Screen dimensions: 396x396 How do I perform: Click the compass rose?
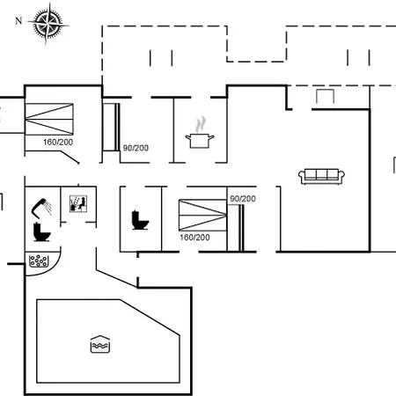tap(48, 23)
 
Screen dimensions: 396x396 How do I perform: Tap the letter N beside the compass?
tap(18, 21)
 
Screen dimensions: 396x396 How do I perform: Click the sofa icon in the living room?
tap(321, 176)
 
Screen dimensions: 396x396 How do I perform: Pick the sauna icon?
tap(78, 203)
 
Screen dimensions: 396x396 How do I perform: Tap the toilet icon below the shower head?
tap(42, 232)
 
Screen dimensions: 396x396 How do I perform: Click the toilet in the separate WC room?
tap(140, 220)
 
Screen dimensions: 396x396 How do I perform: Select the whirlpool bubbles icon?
tap(39, 260)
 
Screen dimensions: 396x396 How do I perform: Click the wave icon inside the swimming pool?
tap(100, 344)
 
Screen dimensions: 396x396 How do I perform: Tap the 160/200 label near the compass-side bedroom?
tap(58, 143)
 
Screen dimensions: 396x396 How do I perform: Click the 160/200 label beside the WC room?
tap(194, 238)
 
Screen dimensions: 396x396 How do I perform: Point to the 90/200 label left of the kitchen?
tap(136, 148)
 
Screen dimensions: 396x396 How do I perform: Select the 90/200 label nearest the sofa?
tap(243, 199)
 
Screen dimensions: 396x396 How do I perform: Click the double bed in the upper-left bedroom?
tap(49, 119)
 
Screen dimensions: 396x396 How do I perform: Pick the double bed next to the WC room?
tap(202, 215)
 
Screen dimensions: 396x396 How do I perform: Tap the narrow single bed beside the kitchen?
tap(112, 127)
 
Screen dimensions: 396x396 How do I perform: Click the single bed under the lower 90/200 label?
tap(236, 228)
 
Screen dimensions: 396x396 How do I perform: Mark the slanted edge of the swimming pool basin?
tap(150, 317)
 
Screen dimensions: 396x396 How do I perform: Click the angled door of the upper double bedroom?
tap(70, 158)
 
